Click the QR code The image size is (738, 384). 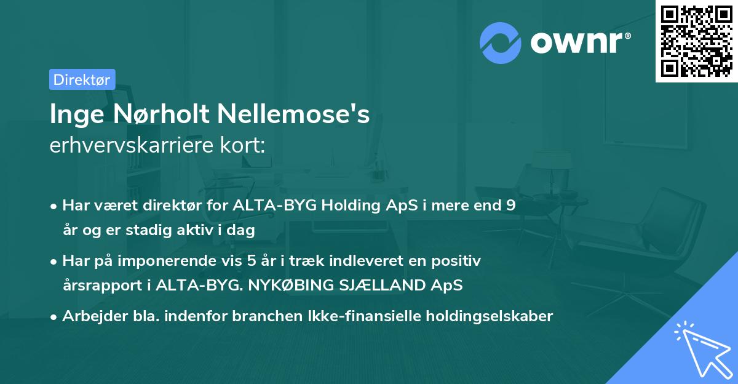tap(696, 41)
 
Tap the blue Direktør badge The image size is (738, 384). tap(82, 79)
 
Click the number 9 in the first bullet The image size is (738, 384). tap(510, 206)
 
